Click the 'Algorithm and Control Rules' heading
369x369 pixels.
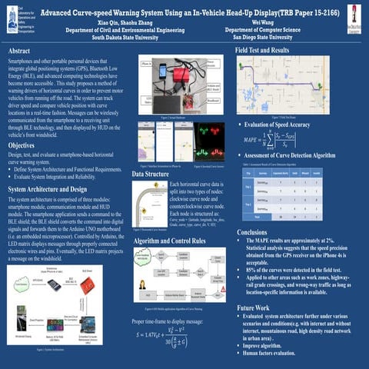click(170, 241)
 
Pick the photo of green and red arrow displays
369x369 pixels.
click(208, 141)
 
